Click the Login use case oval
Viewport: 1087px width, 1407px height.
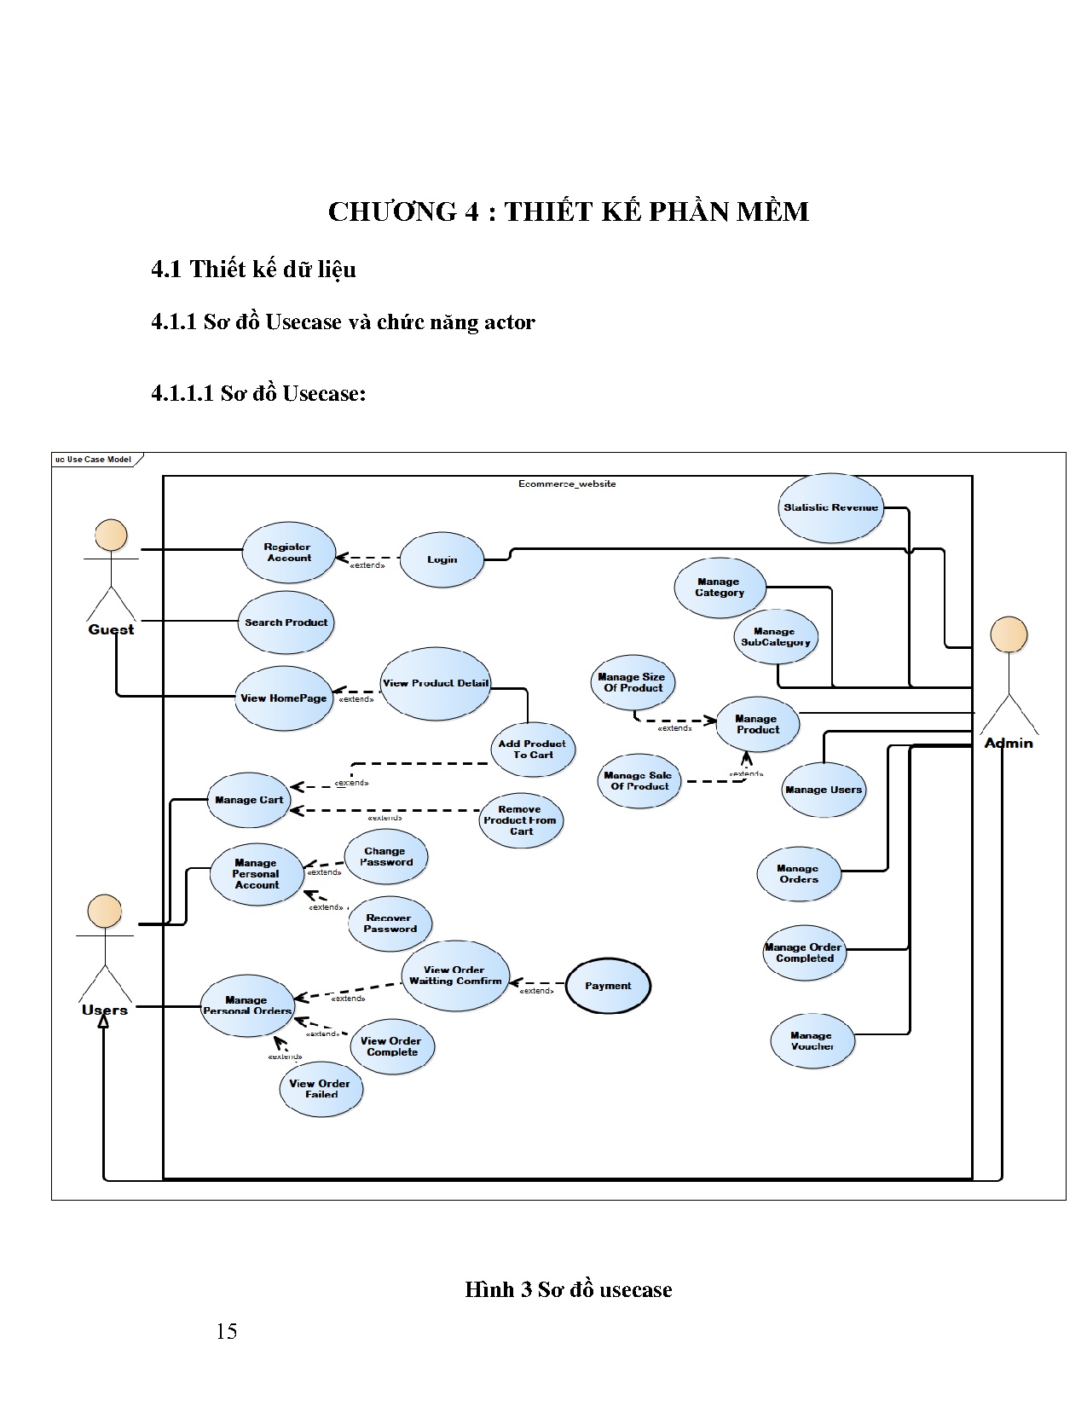pos(442,559)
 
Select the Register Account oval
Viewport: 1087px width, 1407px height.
pos(288,553)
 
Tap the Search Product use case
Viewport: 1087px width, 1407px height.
pos(286,622)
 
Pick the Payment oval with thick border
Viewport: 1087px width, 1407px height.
pos(608,986)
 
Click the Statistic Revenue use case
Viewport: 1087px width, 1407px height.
pos(830,507)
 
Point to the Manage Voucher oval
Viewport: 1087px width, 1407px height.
pos(812,1040)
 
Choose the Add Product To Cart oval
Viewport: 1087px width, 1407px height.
pos(533,750)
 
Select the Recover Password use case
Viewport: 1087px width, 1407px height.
pos(390,924)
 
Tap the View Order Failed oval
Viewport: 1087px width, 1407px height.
pos(321,1089)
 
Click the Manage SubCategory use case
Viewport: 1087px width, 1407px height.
pos(775,637)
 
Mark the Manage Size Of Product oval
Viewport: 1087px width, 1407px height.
pos(632,682)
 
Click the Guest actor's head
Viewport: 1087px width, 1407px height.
pos(110,536)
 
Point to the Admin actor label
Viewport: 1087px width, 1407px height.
pos(1009,744)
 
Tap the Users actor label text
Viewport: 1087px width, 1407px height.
pos(104,1010)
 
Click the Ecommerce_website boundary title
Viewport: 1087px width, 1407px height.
pos(567,484)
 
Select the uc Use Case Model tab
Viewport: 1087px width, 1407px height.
pos(95,460)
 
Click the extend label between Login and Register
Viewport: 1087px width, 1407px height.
pos(367,565)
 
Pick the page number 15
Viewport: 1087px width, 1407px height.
pos(226,1331)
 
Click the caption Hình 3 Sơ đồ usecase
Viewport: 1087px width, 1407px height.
pos(568,1289)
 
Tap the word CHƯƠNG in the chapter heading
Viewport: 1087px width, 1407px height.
pos(392,211)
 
